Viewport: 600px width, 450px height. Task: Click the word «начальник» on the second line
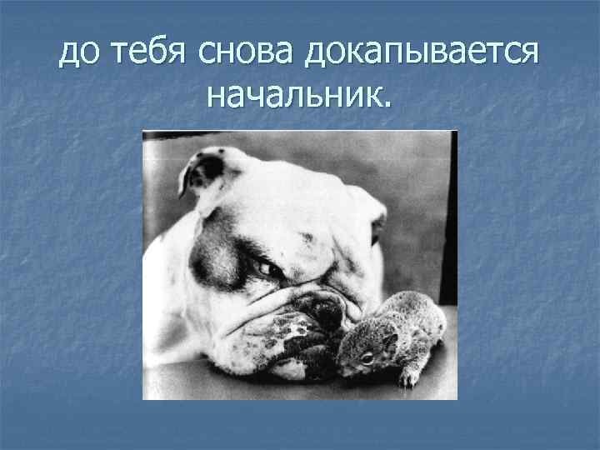point(292,98)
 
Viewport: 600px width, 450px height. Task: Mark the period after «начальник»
point(385,107)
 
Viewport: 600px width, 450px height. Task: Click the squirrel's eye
point(367,357)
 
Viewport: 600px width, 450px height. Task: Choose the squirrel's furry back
point(417,321)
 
